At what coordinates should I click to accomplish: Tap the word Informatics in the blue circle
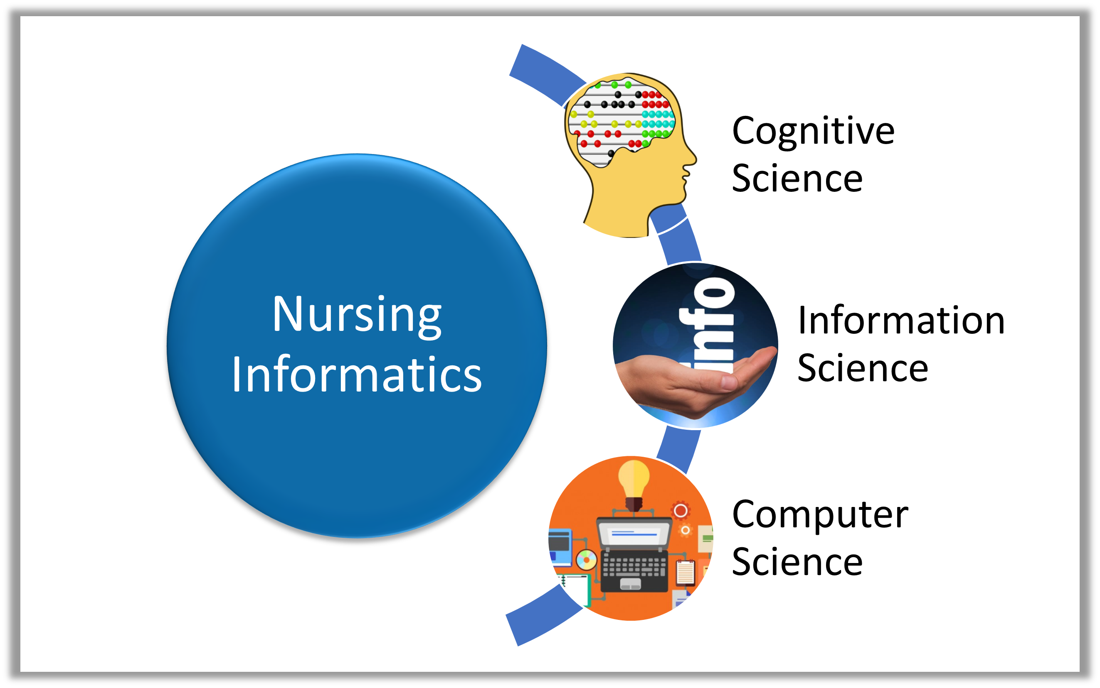pyautogui.click(x=357, y=374)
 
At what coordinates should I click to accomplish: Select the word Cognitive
pyautogui.click(x=813, y=132)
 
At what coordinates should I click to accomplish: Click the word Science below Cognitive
pyautogui.click(x=797, y=179)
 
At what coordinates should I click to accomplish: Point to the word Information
pyautogui.click(x=901, y=321)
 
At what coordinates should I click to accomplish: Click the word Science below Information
pyautogui.click(x=863, y=368)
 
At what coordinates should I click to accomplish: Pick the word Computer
pyautogui.click(x=820, y=516)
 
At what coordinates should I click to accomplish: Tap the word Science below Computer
pyautogui.click(x=797, y=562)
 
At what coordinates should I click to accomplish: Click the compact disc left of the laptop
pyautogui.click(x=587, y=560)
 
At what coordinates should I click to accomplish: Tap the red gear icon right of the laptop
pyautogui.click(x=681, y=511)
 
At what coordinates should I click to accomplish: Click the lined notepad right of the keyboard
pyautogui.click(x=685, y=572)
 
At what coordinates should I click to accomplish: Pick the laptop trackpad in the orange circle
pyautogui.click(x=631, y=583)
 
